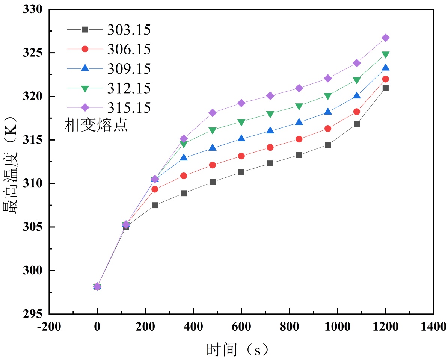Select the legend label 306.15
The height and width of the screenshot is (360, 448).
129,49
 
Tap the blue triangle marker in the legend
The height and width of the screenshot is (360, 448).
85,68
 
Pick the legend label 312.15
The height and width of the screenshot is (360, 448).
129,88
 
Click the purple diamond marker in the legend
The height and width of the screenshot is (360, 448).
85,107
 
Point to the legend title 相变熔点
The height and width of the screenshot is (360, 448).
96,126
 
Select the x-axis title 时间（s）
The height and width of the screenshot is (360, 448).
238,350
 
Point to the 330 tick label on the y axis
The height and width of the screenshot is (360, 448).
33,10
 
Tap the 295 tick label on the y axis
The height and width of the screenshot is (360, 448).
33,314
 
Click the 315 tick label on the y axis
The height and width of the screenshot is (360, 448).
33,140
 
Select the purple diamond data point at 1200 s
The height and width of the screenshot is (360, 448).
385,38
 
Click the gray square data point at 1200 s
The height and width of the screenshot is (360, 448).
385,88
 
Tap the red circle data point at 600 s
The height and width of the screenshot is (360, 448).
241,156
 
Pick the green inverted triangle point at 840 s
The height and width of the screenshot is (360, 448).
299,106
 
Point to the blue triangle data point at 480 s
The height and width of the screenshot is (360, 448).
213,148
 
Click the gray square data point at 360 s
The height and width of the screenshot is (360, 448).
184,193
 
